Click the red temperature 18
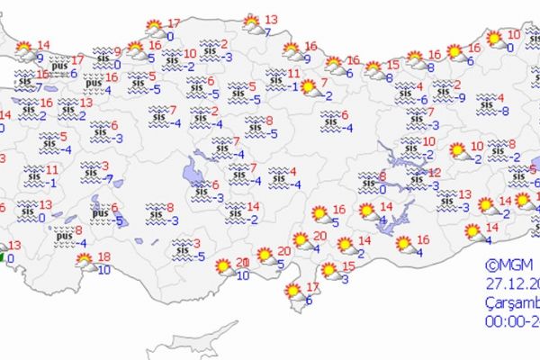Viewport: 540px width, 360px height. tap(104, 256)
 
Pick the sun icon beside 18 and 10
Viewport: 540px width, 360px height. tap(85, 262)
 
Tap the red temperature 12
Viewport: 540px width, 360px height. tap(435, 172)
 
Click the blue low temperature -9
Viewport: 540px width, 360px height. tap(461, 97)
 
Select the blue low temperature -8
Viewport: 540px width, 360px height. tap(505, 111)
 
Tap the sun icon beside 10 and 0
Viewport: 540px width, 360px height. tap(494, 39)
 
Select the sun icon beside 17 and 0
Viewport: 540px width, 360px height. tap(154, 27)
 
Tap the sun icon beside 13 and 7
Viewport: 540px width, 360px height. tap(252, 22)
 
